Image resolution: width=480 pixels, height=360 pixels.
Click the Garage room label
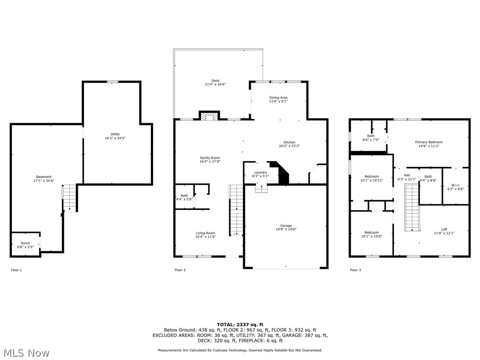(286, 225)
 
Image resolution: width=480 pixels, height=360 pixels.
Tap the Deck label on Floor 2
(215, 81)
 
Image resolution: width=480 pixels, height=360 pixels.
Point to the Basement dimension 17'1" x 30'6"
(44, 180)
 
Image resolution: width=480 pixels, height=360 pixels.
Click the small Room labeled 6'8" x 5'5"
(25, 243)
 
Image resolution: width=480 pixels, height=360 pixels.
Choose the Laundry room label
(261, 172)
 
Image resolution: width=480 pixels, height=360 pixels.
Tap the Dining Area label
(278, 97)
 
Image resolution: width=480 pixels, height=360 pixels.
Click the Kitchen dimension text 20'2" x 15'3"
(289, 146)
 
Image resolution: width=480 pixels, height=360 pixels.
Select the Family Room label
(210, 158)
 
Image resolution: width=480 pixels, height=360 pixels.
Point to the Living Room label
(205, 233)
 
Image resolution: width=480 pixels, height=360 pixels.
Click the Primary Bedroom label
(428, 142)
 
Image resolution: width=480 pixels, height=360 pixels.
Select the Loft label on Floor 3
(444, 229)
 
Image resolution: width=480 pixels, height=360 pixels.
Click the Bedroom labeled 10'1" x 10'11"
(371, 176)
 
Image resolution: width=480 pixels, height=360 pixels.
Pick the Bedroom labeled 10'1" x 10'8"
(371, 232)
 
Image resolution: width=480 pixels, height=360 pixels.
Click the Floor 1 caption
(16, 270)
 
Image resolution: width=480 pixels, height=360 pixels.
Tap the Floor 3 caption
(356, 270)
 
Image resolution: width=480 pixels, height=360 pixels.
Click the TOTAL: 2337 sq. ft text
(240, 324)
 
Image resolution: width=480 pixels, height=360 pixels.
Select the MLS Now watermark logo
(26, 352)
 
